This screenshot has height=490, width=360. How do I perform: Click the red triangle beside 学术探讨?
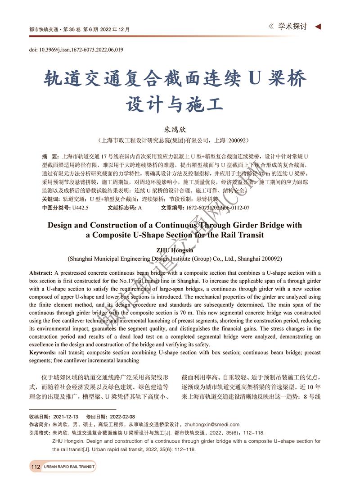coord(318,27)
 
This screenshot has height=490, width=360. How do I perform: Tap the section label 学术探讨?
coord(292,27)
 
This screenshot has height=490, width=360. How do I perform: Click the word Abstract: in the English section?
coord(41,273)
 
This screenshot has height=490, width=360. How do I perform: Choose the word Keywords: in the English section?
coord(43,352)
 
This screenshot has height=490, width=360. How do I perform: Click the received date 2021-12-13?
coord(66,417)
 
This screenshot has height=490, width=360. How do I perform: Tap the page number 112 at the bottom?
coord(36,467)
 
